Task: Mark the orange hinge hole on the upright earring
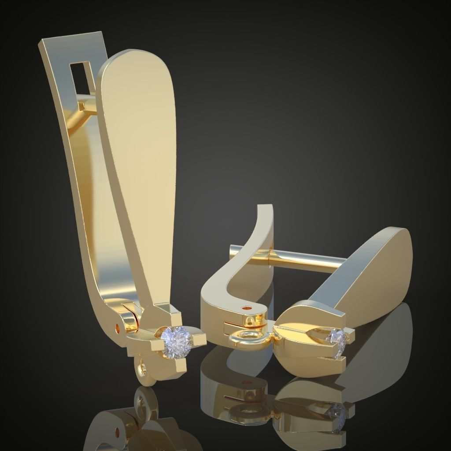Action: click(x=118, y=328)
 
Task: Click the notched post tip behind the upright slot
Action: click(x=82, y=106)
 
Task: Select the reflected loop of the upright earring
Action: click(x=142, y=401)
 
